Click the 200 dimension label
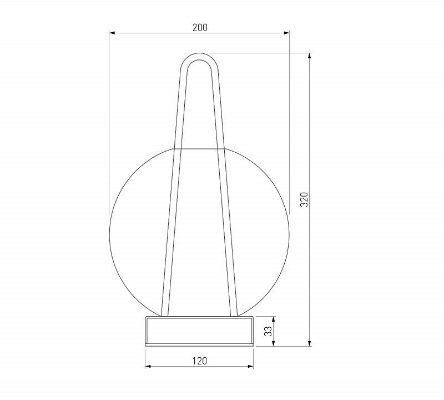tap(200, 27)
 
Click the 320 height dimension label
tap(304, 199)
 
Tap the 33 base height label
tap(268, 331)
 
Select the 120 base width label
tap(200, 361)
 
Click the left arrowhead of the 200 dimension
tap(112, 33)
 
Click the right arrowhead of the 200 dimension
tap(286, 33)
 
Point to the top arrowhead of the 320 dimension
tap(310, 56)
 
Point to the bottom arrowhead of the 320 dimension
tap(310, 343)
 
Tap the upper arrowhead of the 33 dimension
tap(273, 319)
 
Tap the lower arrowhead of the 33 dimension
tap(273, 343)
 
